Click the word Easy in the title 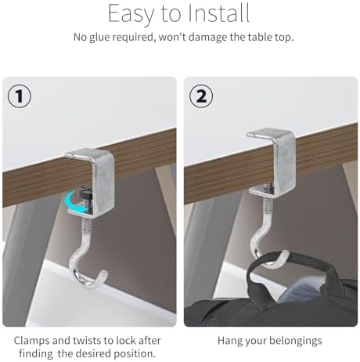131,13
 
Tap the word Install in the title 218,13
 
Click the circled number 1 20,96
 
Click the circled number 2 201,96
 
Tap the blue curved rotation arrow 75,202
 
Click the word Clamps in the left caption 31,341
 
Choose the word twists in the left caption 87,341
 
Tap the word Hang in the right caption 229,341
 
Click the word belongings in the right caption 296,341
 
